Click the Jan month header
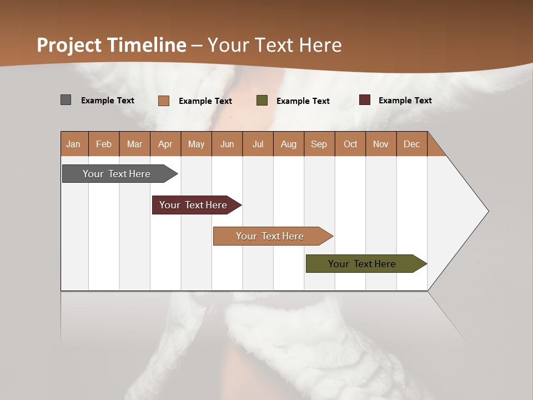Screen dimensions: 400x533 click(73, 144)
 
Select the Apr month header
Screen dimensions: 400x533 click(165, 144)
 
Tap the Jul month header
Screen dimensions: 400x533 click(258, 144)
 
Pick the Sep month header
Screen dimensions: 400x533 click(319, 144)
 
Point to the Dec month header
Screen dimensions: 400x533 click(411, 144)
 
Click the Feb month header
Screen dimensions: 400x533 click(104, 144)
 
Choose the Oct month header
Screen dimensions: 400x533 click(350, 144)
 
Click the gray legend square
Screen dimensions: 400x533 click(66, 100)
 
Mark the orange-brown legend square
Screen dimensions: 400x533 click(163, 101)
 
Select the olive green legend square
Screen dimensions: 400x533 click(262, 101)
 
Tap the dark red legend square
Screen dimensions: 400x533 click(365, 100)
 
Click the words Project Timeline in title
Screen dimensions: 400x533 click(111, 45)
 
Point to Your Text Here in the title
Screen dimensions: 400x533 click(275, 45)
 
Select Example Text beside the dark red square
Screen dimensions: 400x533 click(405, 101)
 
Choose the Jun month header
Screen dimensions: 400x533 click(227, 144)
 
